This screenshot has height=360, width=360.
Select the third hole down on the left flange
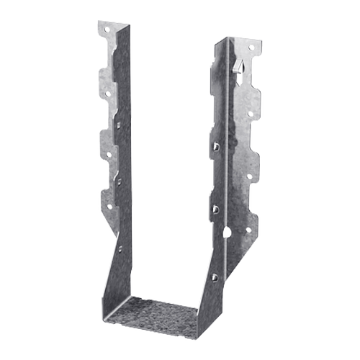108,153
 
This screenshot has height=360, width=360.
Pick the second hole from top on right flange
250,113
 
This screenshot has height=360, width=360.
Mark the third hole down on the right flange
251,176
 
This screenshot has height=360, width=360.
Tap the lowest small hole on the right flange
249,230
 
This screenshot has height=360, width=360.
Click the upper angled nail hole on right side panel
215,146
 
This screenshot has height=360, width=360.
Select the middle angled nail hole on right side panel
215,210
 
